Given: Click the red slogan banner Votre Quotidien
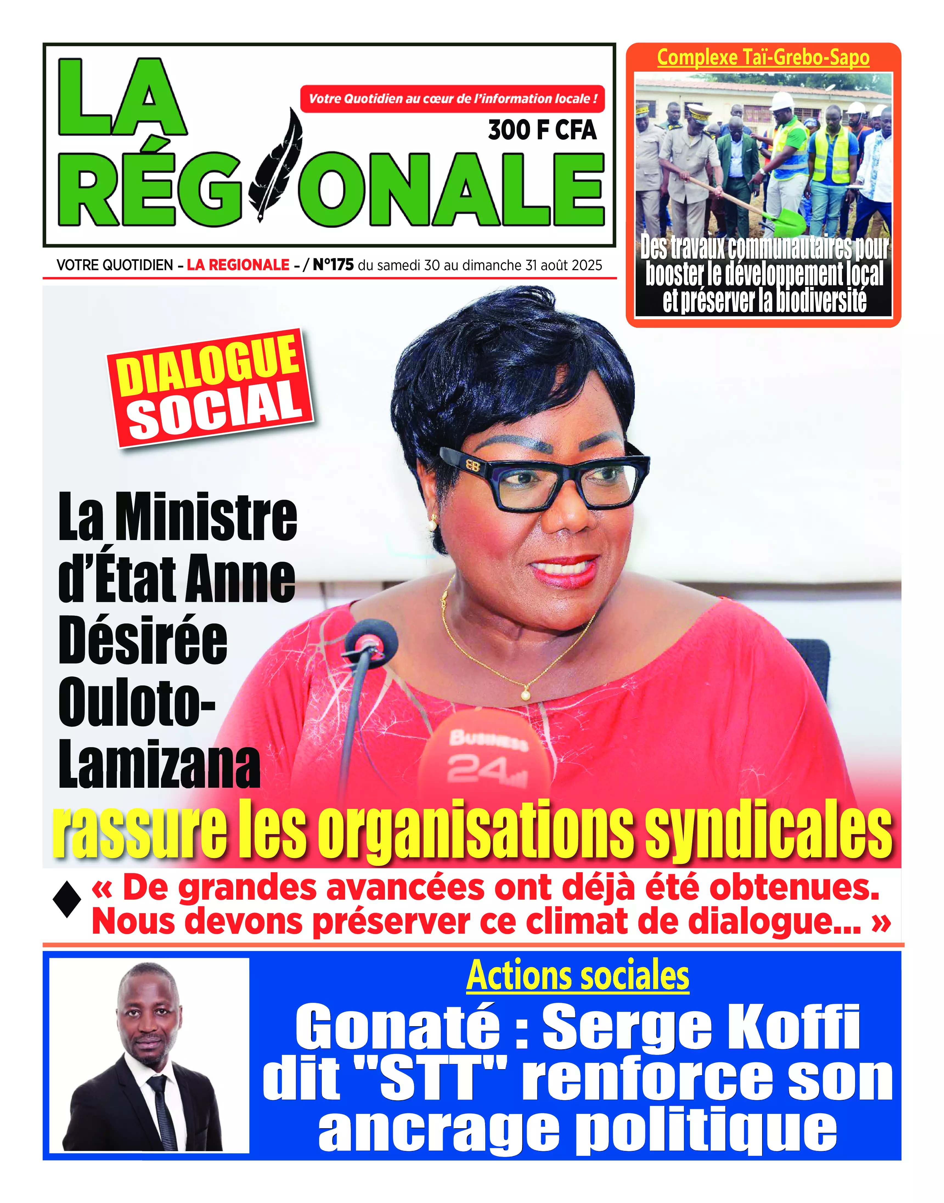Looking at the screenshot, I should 452,99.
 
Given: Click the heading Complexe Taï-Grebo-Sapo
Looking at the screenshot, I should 763,58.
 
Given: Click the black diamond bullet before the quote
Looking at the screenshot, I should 67,899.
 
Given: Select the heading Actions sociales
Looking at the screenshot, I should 577,975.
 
